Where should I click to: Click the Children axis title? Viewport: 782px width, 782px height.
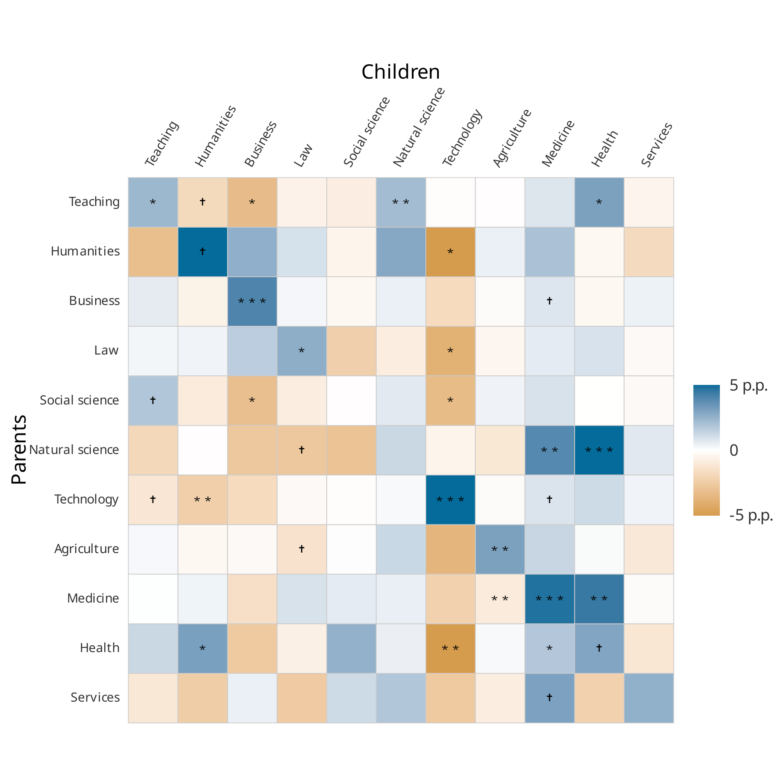[400, 72]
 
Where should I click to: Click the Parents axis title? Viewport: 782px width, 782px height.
[19, 449]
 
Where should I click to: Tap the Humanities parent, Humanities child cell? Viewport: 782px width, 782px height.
[202, 252]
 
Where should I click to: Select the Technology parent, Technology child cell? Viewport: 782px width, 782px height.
[450, 500]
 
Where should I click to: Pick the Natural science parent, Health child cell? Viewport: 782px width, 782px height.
[599, 450]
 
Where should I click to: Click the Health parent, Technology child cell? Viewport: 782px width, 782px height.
[450, 648]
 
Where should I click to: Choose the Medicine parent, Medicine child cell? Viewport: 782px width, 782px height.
[550, 599]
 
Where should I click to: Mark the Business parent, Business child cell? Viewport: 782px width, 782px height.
[252, 302]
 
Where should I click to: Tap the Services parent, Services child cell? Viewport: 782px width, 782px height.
[649, 698]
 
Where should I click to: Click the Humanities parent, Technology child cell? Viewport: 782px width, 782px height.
[450, 252]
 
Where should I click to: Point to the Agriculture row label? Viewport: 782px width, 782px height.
[86, 549]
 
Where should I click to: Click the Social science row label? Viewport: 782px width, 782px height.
[79, 400]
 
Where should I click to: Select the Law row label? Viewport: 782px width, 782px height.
[106, 350]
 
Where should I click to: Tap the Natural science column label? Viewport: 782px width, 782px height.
[419, 127]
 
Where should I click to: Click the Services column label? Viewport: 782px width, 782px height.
[656, 145]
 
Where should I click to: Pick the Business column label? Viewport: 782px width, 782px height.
[260, 144]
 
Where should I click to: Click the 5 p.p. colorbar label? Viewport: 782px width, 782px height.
[749, 385]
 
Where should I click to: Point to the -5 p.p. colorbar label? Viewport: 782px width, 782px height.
[751, 515]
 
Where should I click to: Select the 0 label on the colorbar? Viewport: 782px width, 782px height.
[734, 450]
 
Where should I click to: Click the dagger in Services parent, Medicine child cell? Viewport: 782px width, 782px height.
[550, 697]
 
